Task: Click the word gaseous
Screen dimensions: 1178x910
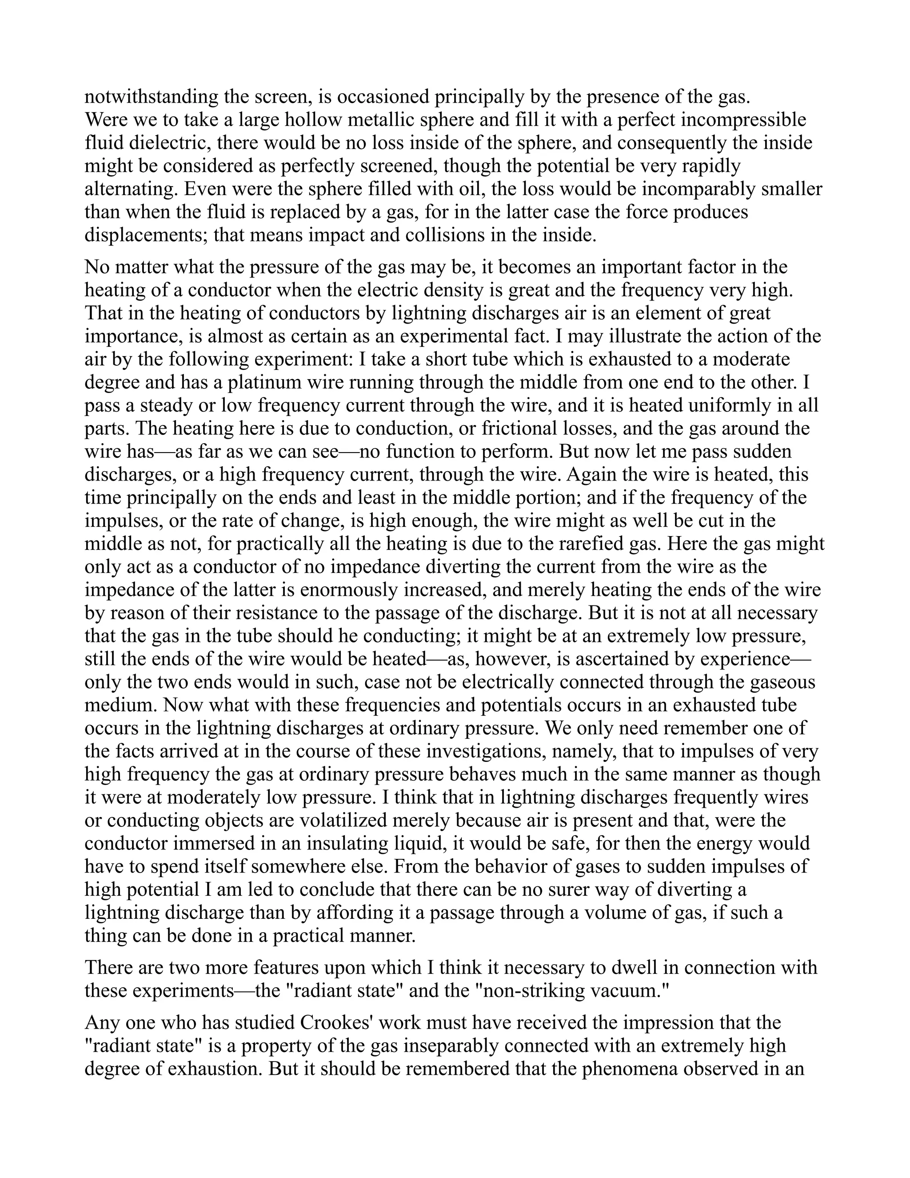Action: [x=781, y=683]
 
